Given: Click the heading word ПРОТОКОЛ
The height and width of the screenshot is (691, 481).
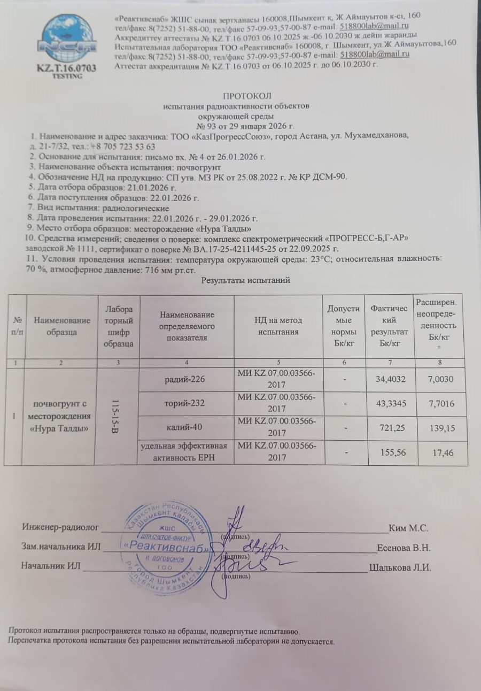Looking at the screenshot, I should [x=247, y=96].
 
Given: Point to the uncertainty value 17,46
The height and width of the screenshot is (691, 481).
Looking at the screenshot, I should [x=441, y=453].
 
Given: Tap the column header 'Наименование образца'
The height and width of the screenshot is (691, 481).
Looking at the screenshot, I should [x=63, y=326].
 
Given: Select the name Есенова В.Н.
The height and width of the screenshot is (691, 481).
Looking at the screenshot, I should [x=404, y=548].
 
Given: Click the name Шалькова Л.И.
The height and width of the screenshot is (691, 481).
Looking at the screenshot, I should [x=400, y=567].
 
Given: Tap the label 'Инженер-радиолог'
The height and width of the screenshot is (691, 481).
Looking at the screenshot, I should [x=60, y=527].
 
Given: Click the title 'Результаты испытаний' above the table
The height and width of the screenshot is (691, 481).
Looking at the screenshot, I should [x=245, y=281].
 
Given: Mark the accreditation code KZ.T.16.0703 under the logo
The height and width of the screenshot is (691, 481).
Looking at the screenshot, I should [x=67, y=68].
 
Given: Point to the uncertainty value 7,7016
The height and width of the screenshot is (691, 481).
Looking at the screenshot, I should [x=441, y=403].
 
